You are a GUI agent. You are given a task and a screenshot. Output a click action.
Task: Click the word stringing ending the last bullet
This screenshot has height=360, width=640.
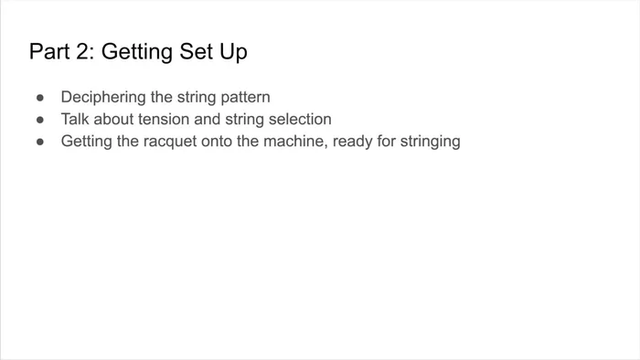point(432,142)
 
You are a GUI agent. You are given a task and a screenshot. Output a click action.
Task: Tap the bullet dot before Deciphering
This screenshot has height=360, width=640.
point(40,97)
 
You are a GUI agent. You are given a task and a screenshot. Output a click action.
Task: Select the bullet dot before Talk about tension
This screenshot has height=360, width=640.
point(40,120)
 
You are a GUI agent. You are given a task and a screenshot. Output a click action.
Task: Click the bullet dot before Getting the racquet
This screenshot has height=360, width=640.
point(40,142)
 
